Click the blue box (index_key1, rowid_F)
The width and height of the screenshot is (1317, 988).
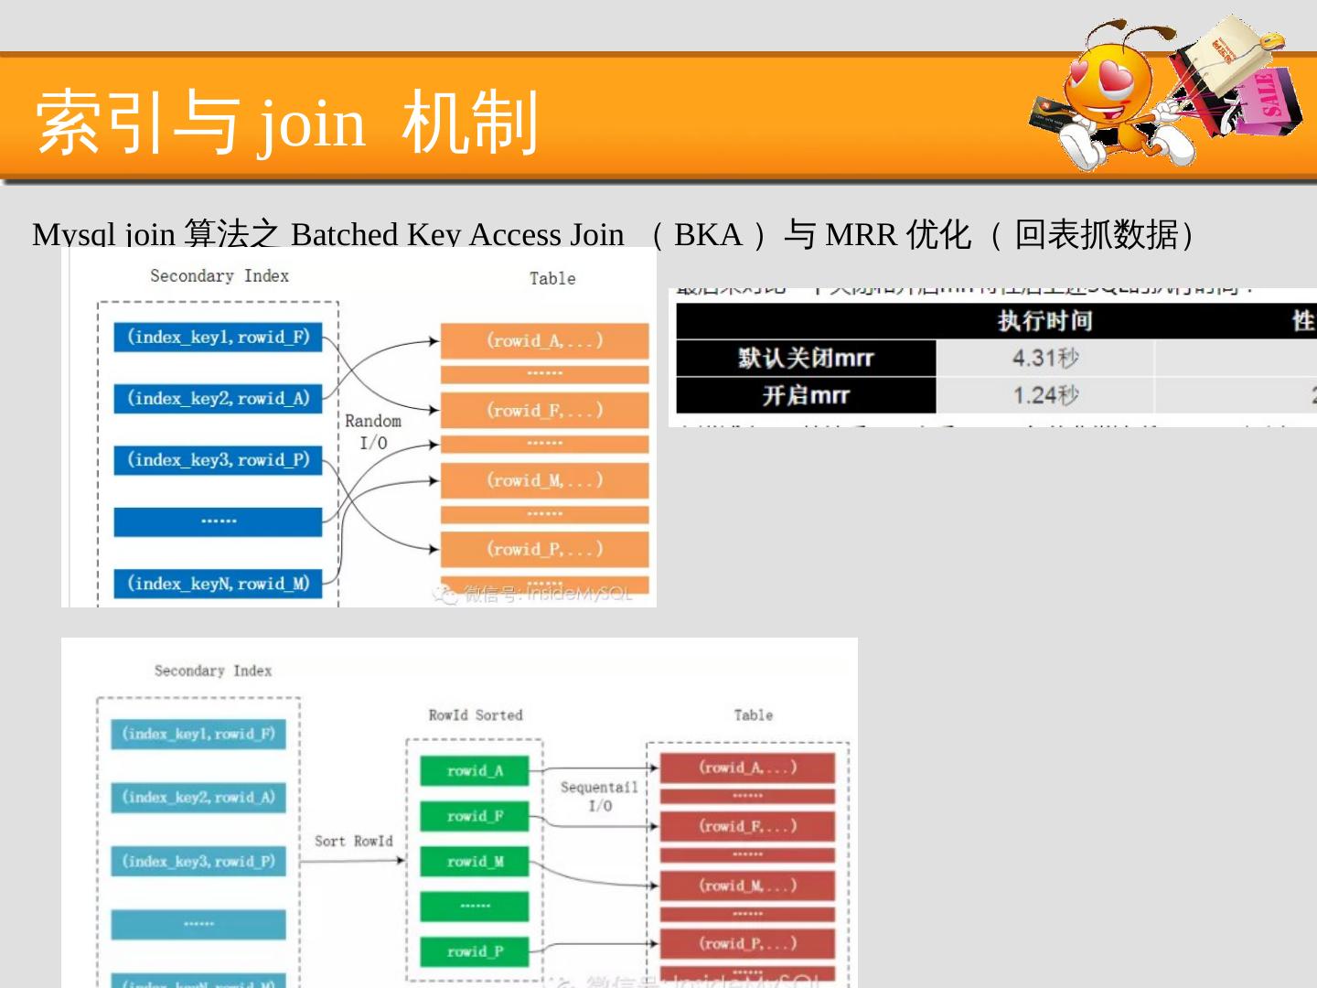[x=218, y=337]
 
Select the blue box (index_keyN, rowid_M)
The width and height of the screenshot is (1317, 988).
[x=218, y=583]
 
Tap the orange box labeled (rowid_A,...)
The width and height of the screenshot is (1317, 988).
[x=544, y=341]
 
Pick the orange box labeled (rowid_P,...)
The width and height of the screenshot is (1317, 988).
[x=544, y=549]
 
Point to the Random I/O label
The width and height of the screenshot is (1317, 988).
[x=373, y=432]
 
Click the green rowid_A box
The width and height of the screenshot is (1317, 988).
[x=475, y=770]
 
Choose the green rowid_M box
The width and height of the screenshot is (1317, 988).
[x=475, y=861]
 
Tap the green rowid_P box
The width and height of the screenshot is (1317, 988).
[x=475, y=951]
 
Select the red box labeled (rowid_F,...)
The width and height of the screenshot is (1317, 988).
[x=747, y=826]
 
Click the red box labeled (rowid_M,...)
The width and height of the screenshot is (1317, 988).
[x=747, y=886]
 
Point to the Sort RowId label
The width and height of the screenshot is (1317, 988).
[x=353, y=841]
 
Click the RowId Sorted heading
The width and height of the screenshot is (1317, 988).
[x=475, y=715]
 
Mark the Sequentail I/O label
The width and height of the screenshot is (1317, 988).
[x=599, y=796]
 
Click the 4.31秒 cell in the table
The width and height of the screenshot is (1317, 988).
[x=1045, y=358]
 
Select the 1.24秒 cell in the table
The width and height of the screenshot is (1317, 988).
[x=1045, y=395]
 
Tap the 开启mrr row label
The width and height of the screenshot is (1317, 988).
[x=806, y=395]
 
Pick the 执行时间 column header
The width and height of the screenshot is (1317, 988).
[x=1045, y=321]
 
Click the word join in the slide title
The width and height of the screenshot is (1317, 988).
[x=312, y=123]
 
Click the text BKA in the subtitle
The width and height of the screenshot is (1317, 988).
[x=707, y=235]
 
